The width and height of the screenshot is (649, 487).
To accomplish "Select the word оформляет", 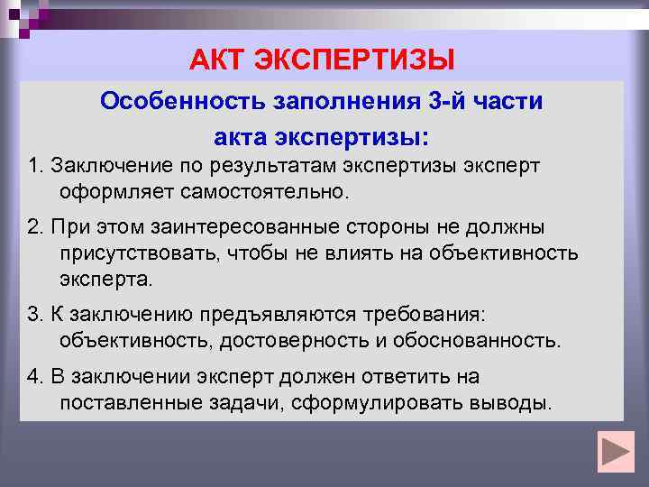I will tap(115, 192).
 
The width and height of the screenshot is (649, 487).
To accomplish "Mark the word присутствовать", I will tap(141, 254).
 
